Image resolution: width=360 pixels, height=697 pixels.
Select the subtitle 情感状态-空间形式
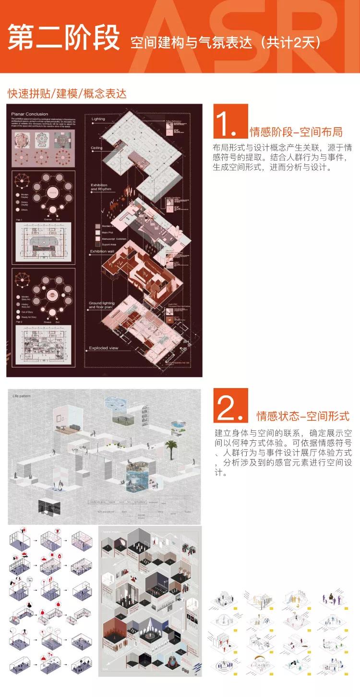coord(302,415)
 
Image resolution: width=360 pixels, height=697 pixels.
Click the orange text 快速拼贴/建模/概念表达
coord(67,93)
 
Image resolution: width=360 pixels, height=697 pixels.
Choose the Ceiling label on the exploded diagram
coord(97,148)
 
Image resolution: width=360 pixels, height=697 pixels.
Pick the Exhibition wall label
coord(104,251)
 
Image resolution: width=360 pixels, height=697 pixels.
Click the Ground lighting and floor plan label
coord(105,306)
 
